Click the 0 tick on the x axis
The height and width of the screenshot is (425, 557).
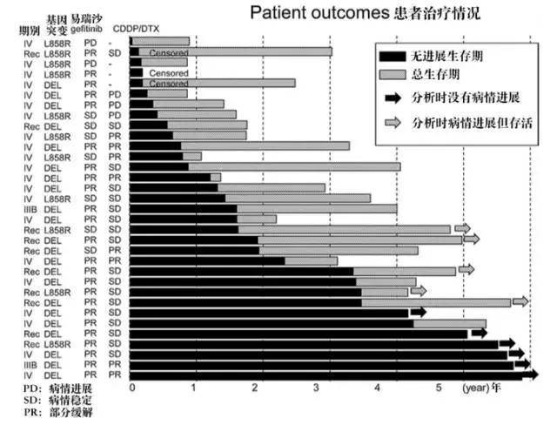coord(131,387)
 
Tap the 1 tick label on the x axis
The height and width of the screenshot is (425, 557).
coord(193,387)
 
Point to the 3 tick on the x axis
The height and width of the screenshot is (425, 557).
coord(317,387)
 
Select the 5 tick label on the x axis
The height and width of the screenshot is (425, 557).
coord(440,387)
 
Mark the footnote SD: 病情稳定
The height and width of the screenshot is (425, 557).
coord(59,399)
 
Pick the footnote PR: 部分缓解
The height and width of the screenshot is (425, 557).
coord(59,412)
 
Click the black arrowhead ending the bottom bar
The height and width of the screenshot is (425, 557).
coord(532,375)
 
